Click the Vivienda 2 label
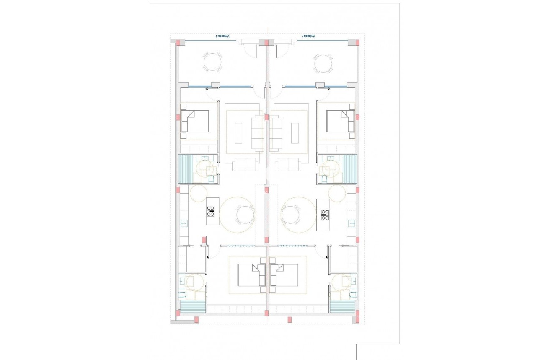click(x=223, y=36)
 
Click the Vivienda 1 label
click(x=309, y=36)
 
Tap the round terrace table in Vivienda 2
click(x=213, y=62)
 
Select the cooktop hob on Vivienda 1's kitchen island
click(x=325, y=214)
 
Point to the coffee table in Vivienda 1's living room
click(x=295, y=133)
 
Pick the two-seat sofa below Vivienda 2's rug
click(x=245, y=164)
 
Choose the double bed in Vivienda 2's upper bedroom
click(x=195, y=122)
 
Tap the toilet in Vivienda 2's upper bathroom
click(x=212, y=180)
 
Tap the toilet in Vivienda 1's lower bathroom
click(x=352, y=295)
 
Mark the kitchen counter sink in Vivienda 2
click(x=183, y=223)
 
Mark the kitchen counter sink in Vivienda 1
click(x=351, y=223)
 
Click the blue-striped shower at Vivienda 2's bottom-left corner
click(x=193, y=308)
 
